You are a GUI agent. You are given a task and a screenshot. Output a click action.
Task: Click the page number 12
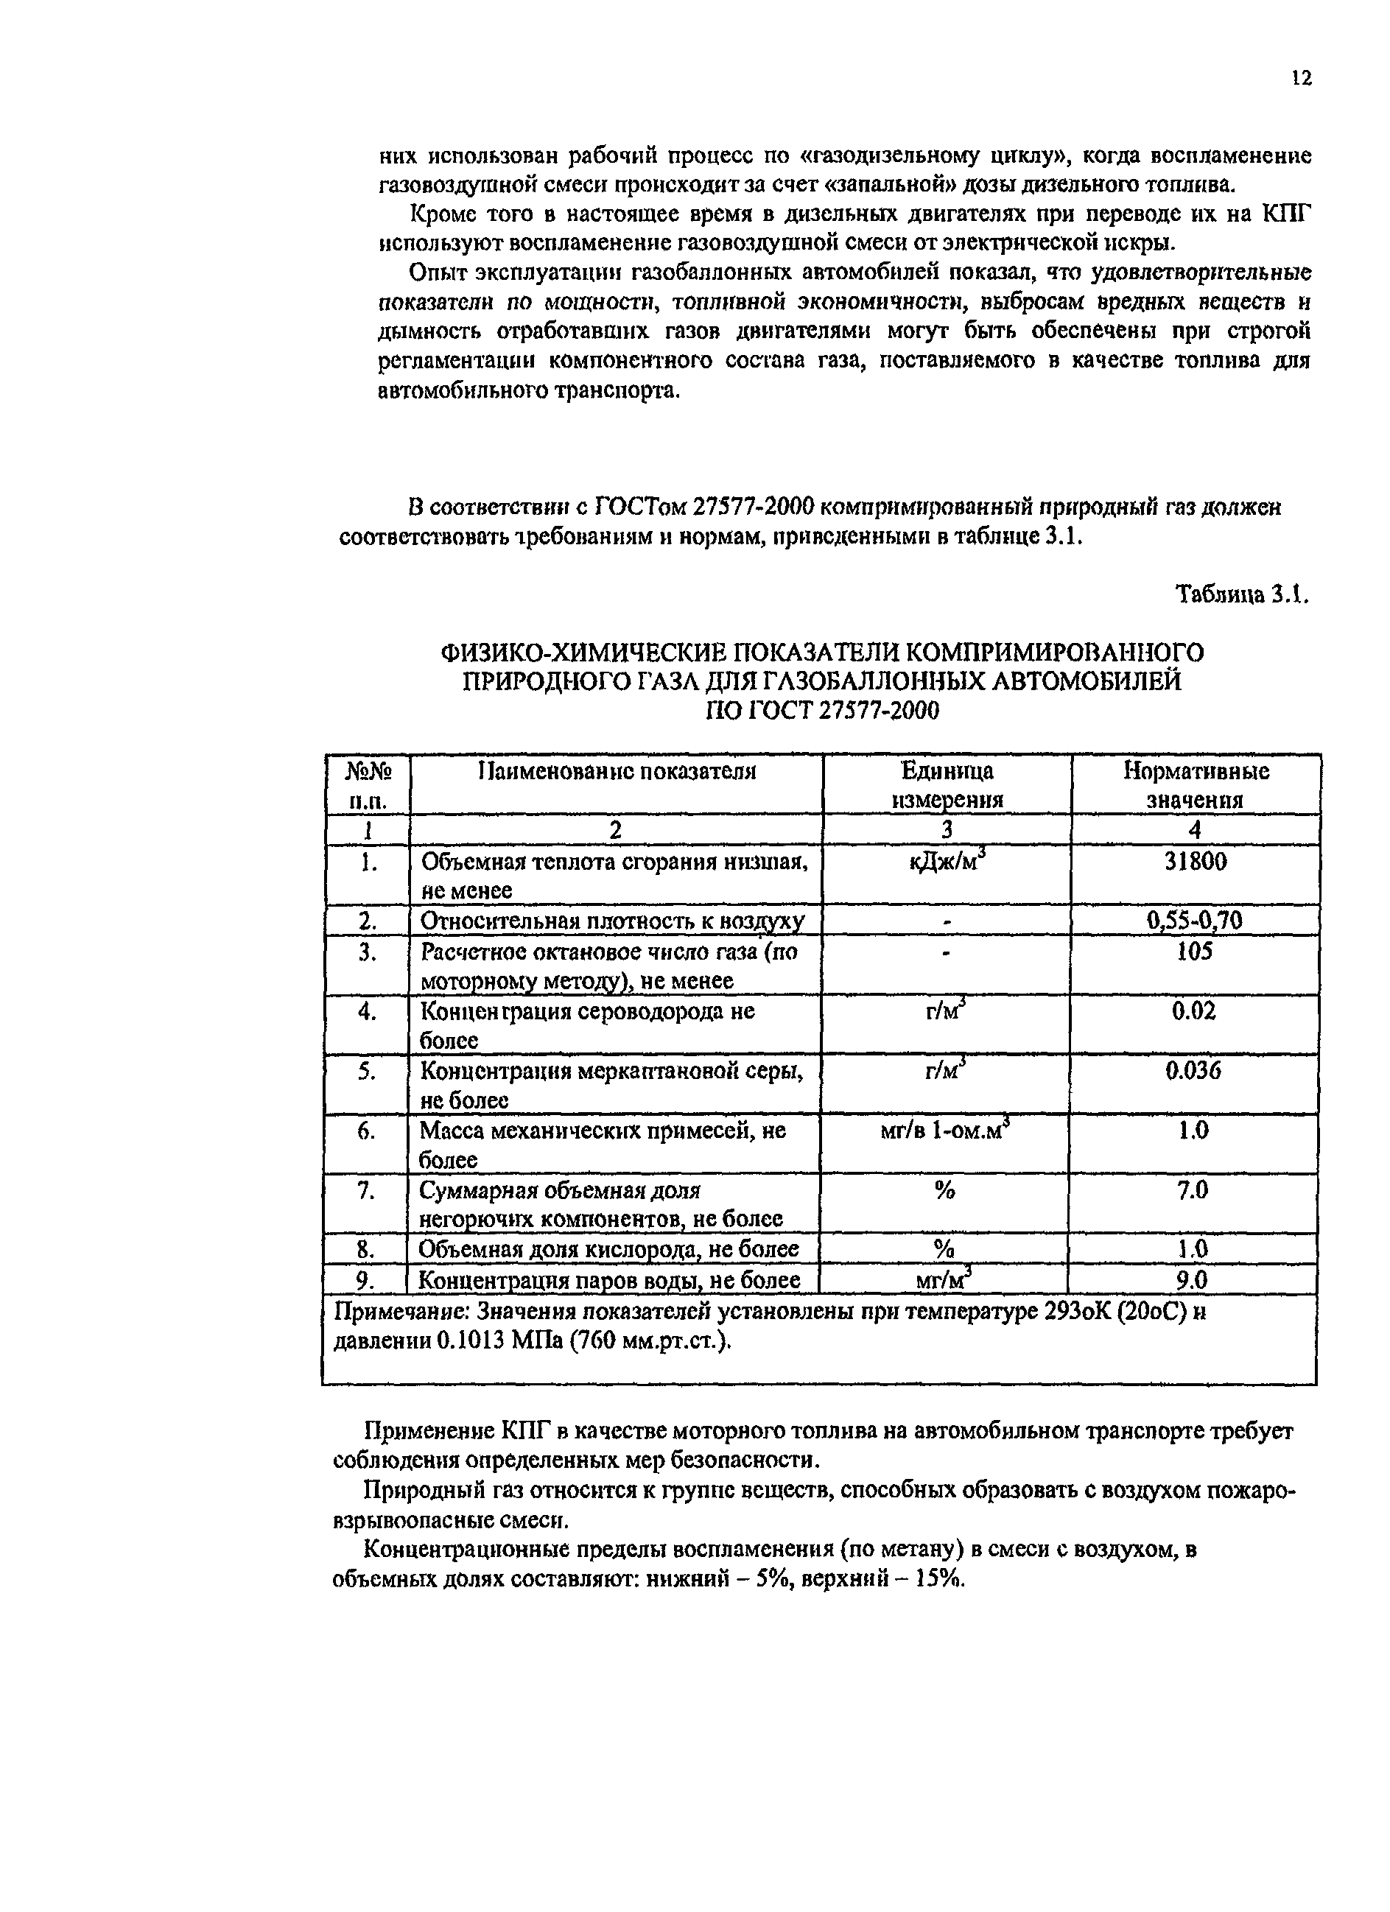[x=1302, y=78]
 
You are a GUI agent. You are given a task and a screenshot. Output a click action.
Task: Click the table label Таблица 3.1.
[x=1243, y=594]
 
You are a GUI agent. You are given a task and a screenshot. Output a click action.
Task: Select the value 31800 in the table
[x=1196, y=861]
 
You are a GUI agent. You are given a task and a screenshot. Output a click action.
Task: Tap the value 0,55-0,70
[x=1195, y=920]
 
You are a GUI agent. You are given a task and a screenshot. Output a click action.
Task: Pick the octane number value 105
[x=1196, y=951]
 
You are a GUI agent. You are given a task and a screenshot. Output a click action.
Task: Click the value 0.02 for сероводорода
[x=1195, y=1010]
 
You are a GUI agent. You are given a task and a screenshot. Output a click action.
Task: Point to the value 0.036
[x=1195, y=1070]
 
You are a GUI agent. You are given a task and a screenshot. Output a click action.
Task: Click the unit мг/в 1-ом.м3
[x=946, y=1131]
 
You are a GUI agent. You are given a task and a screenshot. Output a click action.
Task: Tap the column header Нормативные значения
[x=1196, y=784]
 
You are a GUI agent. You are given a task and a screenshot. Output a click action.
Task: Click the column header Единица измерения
[x=947, y=784]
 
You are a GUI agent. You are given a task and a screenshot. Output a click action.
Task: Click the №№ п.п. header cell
[x=367, y=784]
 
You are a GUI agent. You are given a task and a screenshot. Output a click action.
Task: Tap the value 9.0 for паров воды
[x=1193, y=1280]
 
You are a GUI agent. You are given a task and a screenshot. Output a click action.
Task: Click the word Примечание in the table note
[x=402, y=1312]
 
